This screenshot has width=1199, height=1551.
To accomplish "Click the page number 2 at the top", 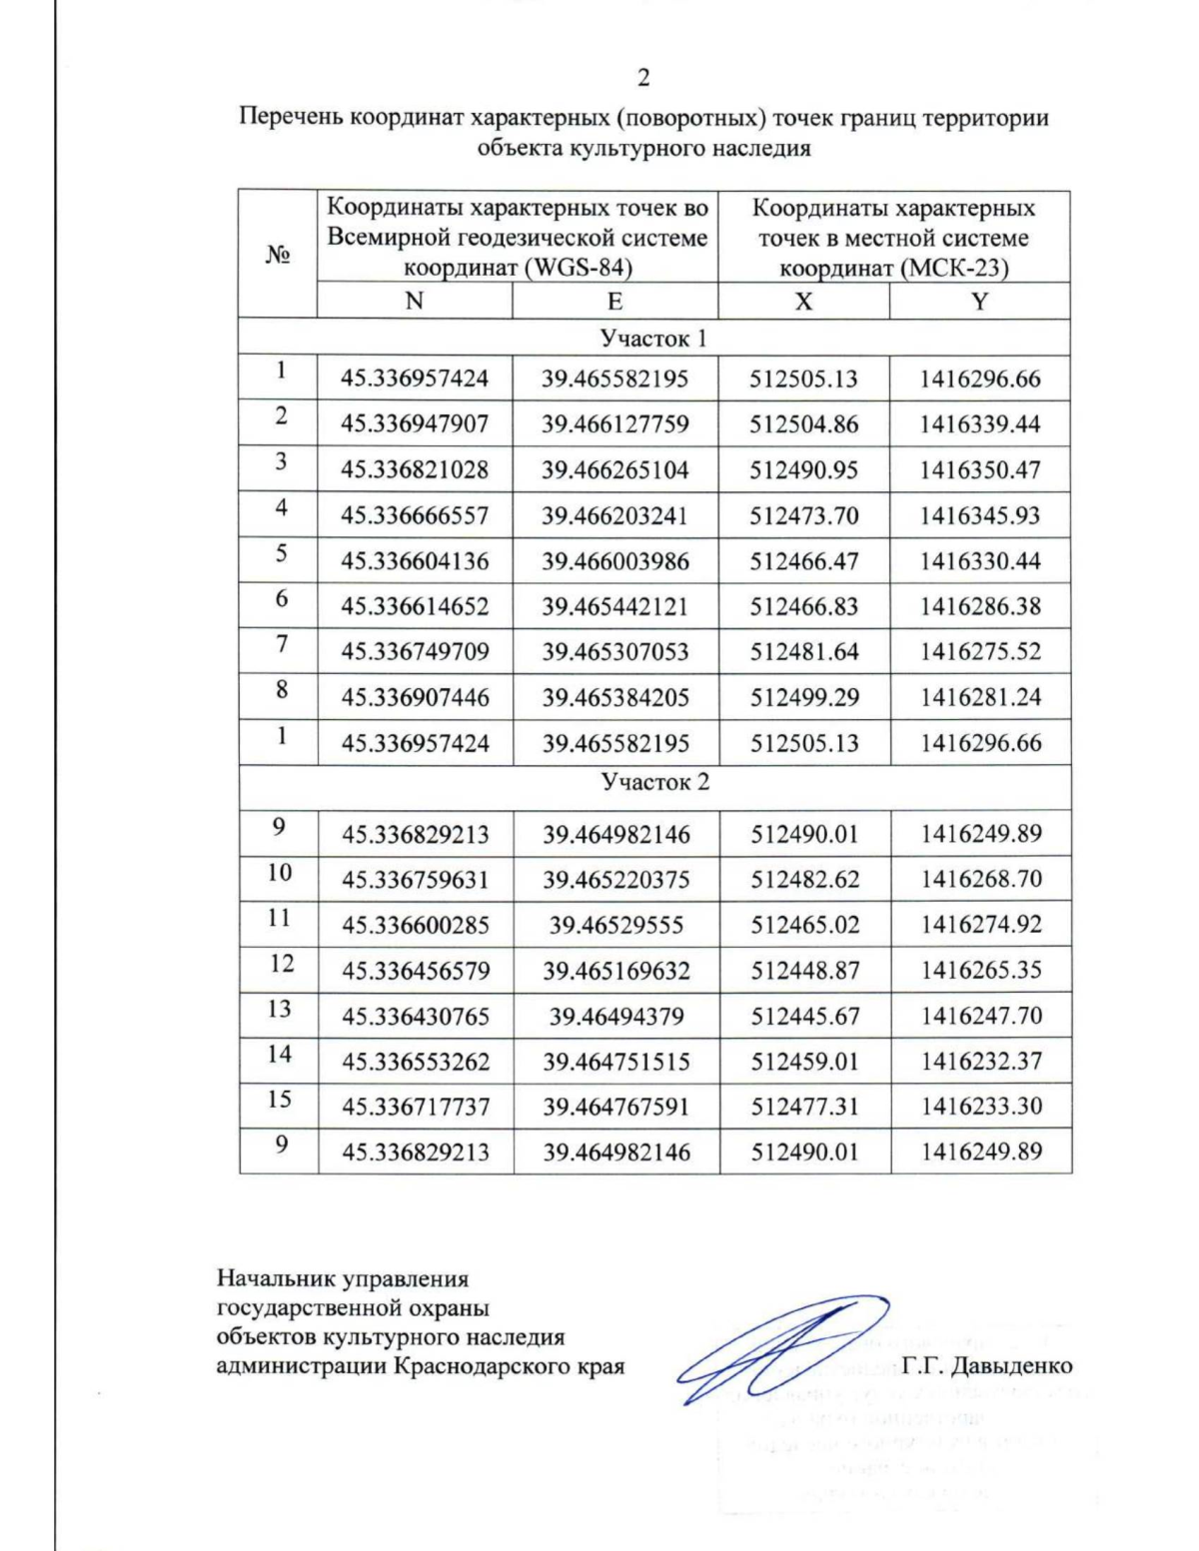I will click(x=643, y=78).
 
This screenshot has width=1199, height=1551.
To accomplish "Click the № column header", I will click(x=278, y=255).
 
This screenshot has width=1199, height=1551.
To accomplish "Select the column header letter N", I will click(x=414, y=301).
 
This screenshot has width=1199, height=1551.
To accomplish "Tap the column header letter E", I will click(x=614, y=301).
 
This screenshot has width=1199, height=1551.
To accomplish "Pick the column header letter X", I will click(x=803, y=301).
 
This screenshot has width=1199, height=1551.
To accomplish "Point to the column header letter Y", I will click(x=979, y=301).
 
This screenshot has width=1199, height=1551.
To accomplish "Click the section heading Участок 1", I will click(x=653, y=338).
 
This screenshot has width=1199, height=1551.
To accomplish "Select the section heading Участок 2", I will click(x=654, y=782).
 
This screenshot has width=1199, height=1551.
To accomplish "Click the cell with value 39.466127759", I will click(x=614, y=424).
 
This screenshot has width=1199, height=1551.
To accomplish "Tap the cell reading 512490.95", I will click(x=803, y=470).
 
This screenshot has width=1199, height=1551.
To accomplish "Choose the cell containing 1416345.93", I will click(x=979, y=516).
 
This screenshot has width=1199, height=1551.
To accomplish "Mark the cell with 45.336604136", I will click(x=415, y=561).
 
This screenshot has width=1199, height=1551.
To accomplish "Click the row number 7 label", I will click(x=282, y=644).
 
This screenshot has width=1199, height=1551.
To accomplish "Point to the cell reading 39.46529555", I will click(x=615, y=926).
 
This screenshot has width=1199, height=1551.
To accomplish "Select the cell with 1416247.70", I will click(x=980, y=1016).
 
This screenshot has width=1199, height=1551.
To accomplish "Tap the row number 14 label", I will click(x=280, y=1054).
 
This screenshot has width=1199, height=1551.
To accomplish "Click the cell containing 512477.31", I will click(x=804, y=1107).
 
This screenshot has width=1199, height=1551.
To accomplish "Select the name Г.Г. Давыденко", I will click(x=986, y=1365).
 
